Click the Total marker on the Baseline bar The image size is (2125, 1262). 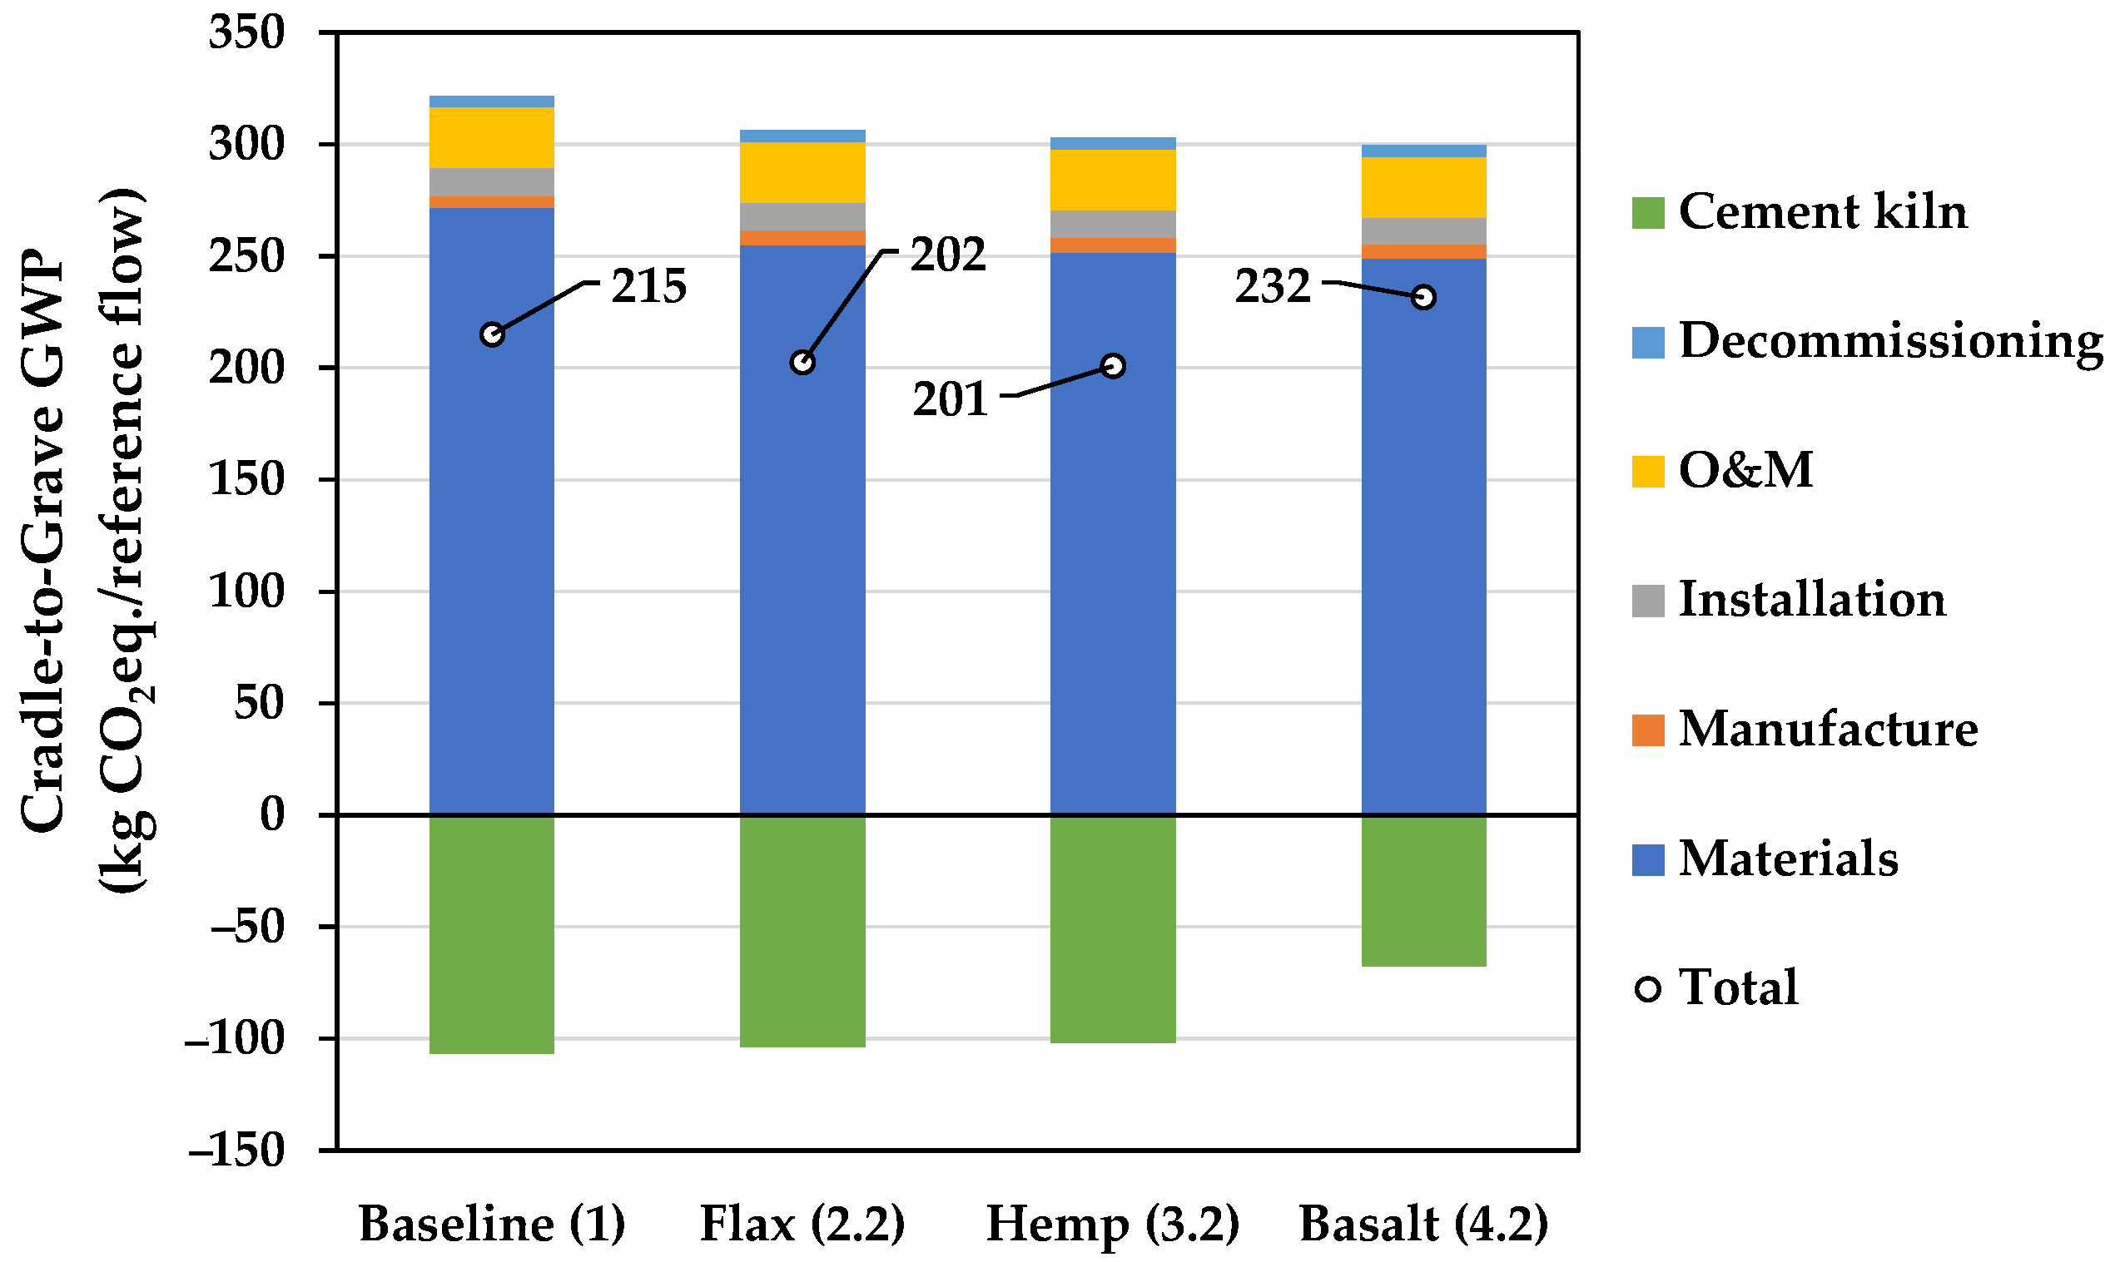point(492,334)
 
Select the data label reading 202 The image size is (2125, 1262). point(948,255)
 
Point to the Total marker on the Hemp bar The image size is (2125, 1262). point(1113,366)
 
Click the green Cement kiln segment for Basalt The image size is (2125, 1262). point(1423,890)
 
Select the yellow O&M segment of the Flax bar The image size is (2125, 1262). point(802,173)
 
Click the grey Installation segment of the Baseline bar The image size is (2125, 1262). point(492,182)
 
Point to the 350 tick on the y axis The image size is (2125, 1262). point(246,34)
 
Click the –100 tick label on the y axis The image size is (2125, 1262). point(236,1039)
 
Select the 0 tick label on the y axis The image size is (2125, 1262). point(271,814)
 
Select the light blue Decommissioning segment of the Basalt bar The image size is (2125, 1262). point(1423,151)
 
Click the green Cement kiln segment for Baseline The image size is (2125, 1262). point(492,933)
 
